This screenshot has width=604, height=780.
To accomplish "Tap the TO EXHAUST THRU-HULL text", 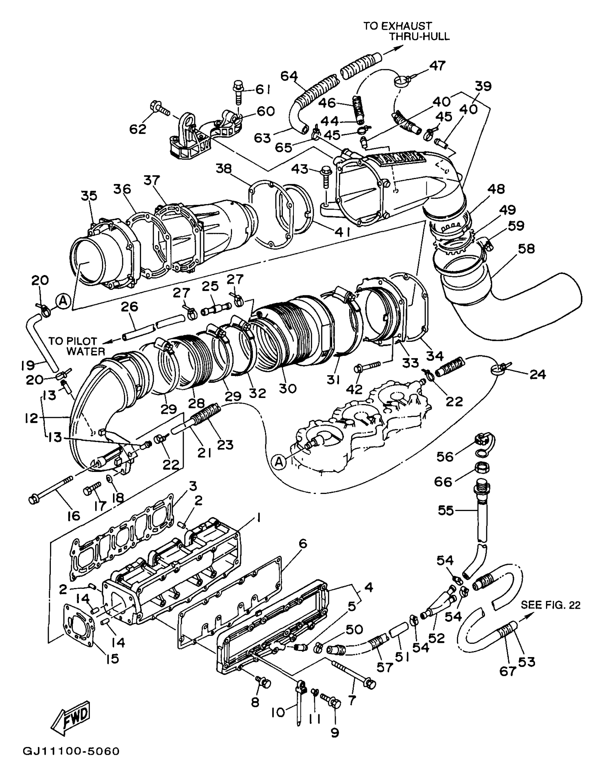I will click(x=406, y=31).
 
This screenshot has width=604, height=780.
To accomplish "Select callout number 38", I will click(x=223, y=168).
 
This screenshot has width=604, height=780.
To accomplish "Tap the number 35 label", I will click(x=88, y=196).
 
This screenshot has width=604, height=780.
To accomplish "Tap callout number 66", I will click(x=443, y=482).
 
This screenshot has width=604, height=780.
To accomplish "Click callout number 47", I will click(x=437, y=65).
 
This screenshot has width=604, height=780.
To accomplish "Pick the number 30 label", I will click(x=287, y=388).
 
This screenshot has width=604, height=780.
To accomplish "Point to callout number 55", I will click(x=446, y=510).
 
